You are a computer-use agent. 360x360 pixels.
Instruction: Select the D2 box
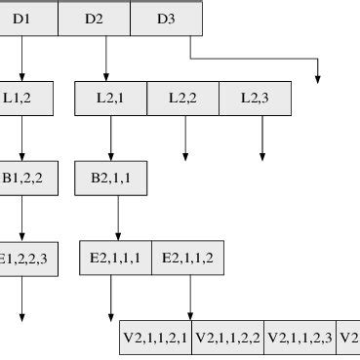point(94,19)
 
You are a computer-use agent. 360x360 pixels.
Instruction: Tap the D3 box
point(166,19)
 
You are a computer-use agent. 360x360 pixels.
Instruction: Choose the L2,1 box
point(110,98)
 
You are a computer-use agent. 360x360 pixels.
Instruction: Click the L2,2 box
point(182,98)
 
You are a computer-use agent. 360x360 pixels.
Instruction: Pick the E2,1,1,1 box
point(116,259)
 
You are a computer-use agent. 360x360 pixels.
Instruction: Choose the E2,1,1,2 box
point(187,259)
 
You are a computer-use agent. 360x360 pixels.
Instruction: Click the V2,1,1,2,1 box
point(155,338)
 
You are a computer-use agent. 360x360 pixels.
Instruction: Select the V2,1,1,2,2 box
point(228,338)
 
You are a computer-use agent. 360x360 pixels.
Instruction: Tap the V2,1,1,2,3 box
point(300,338)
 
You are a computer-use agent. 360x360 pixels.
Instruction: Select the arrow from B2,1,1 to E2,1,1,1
point(118,219)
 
